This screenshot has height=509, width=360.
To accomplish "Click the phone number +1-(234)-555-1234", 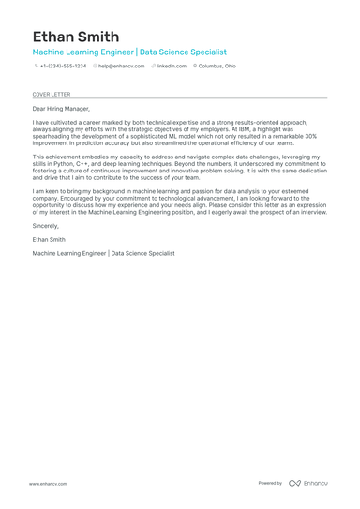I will [x=63, y=67].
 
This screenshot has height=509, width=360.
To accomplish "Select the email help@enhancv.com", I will [x=122, y=67].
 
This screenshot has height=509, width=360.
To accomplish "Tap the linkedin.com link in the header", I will [x=172, y=67].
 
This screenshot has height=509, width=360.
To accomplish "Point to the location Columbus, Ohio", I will [x=217, y=67].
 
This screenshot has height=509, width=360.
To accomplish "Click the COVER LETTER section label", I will [x=51, y=95].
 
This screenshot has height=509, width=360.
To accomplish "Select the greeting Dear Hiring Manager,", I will [x=61, y=110].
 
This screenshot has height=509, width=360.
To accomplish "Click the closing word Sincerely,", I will [x=45, y=226].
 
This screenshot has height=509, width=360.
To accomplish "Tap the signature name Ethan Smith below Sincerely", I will [x=49, y=239].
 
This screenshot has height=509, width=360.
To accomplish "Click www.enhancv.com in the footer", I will [x=47, y=483].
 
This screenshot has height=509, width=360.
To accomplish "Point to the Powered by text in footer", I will [x=270, y=483].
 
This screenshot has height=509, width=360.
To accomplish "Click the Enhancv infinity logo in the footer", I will [x=294, y=483].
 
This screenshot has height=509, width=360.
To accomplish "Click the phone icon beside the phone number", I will [x=36, y=67].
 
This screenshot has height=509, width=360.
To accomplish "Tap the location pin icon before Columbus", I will [x=195, y=67].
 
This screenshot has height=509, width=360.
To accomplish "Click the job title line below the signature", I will [x=103, y=253].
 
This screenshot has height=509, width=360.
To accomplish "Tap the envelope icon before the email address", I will [x=95, y=67].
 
